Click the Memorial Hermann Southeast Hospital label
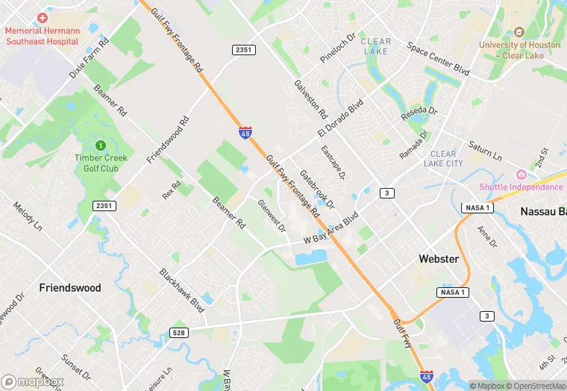[x=42, y=36]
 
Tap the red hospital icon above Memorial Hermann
[x=43, y=17]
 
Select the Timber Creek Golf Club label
[x=101, y=163]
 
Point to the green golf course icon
[x=101, y=144]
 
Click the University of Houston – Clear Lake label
[x=519, y=49]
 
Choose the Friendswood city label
[x=70, y=287]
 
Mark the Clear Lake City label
[x=443, y=158]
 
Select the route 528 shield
[x=178, y=333]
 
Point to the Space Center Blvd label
[x=438, y=58]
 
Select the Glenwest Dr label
[x=272, y=216]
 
